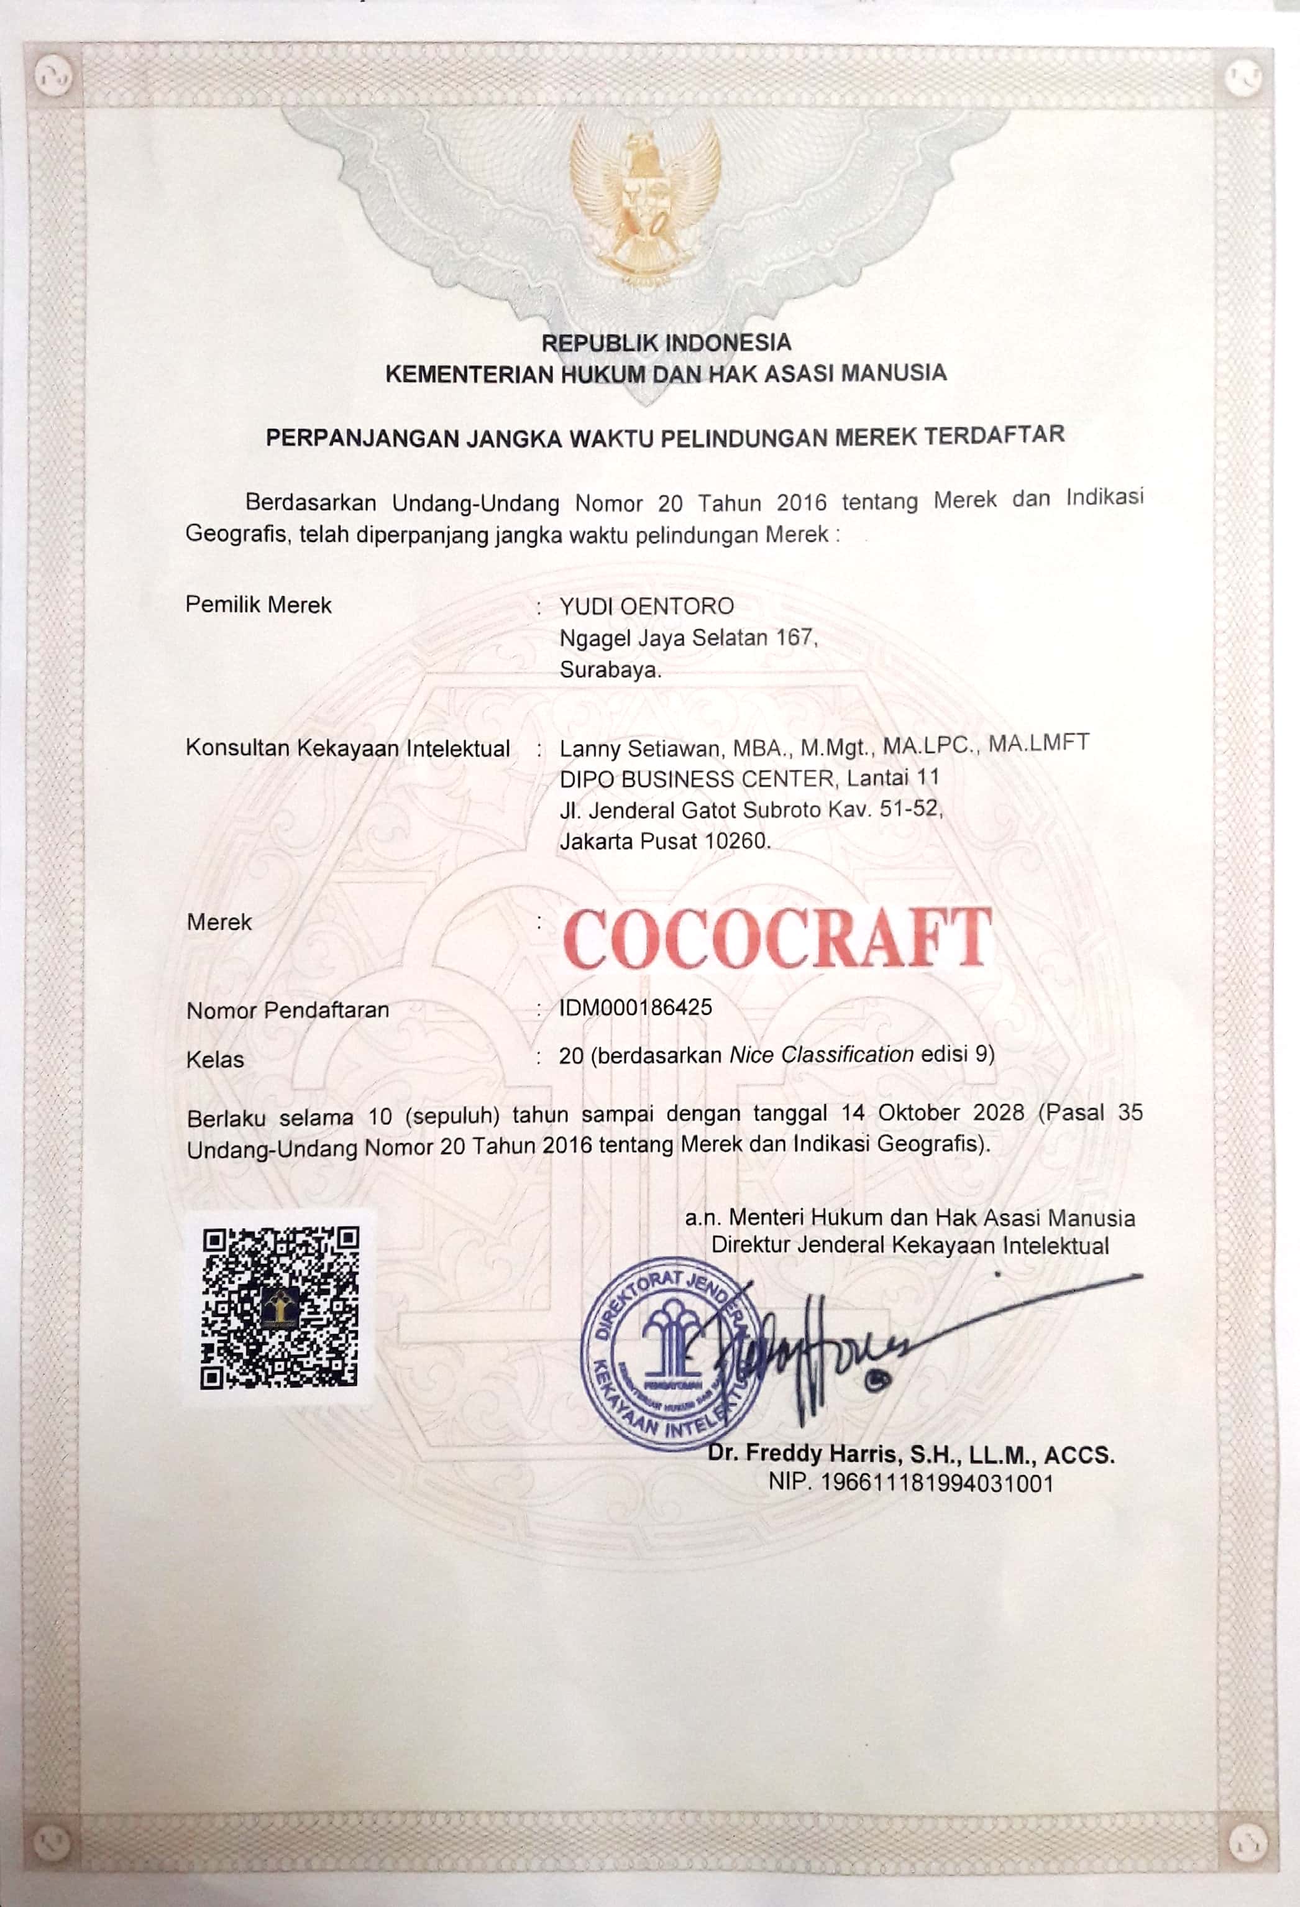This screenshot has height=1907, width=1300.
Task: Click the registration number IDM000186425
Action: (636, 1007)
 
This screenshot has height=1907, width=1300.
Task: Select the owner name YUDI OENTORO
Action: (646, 607)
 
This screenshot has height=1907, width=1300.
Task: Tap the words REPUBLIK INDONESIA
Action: (666, 341)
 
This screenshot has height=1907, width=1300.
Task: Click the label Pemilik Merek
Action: (259, 605)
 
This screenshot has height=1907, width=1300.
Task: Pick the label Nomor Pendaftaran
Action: (288, 1010)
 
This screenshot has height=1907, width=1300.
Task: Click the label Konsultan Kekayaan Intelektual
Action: (348, 748)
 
